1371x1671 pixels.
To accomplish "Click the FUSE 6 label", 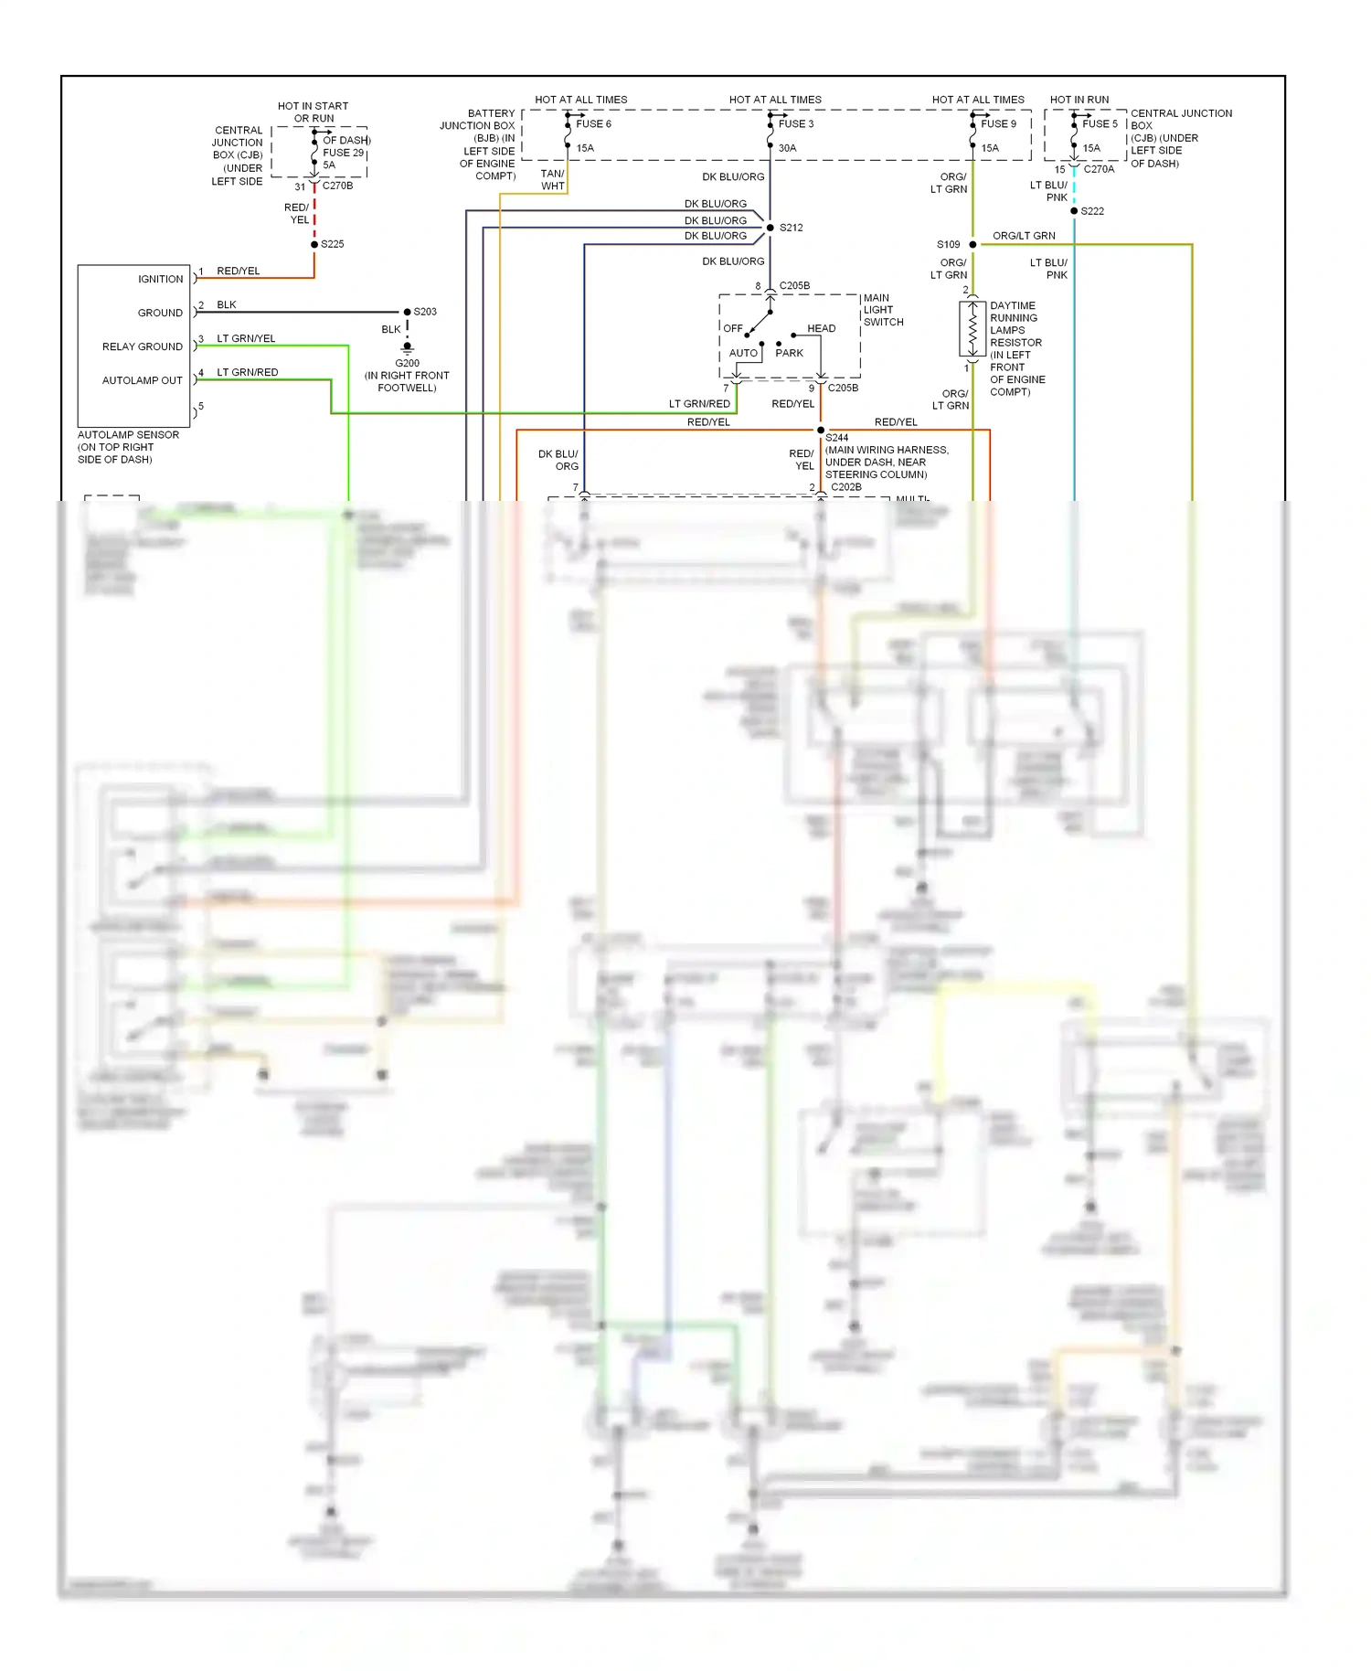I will [593, 124].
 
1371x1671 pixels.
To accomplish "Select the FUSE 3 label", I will [795, 124].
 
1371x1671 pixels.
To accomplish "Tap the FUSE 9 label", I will [998, 124].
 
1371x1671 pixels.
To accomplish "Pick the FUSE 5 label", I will [1100, 124].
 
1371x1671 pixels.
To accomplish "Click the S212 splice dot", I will [771, 228].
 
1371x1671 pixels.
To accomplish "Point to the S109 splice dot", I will [972, 245].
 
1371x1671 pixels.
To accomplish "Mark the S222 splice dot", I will [1074, 211].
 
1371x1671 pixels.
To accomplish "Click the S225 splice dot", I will [314, 245].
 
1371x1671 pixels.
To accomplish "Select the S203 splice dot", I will [408, 313].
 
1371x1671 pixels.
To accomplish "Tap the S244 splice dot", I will [821, 431].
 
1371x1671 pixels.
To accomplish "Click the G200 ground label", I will [407, 363].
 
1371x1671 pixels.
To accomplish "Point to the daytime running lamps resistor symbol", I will [972, 329].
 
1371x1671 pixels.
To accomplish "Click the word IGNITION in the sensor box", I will [160, 280].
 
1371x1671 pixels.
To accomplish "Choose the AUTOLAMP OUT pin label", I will [142, 381].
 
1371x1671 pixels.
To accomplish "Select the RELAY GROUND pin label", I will [142, 347].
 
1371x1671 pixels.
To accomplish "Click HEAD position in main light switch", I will [821, 329].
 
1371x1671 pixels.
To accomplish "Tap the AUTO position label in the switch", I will [743, 354].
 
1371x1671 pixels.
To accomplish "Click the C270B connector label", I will [337, 186].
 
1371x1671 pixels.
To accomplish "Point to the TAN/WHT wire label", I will [552, 180].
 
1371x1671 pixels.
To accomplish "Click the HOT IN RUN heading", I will [1079, 100].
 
